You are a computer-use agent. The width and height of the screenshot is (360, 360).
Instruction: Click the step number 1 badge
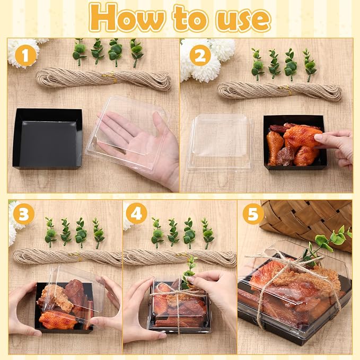[25, 55]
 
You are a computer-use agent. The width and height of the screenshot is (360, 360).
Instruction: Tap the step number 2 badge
[200, 55]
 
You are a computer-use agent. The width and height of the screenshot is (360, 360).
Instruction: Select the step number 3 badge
[24, 214]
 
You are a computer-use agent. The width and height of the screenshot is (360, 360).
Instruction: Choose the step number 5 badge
[253, 214]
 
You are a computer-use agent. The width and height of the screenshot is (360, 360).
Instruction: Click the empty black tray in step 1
[48, 139]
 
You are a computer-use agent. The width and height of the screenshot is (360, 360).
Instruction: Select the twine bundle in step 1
[104, 79]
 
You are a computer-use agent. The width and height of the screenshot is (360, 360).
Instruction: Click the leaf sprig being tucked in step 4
[189, 272]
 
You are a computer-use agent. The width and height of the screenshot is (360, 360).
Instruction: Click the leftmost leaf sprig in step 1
[79, 52]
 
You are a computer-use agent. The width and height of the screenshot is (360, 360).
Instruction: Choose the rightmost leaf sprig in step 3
[98, 233]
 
